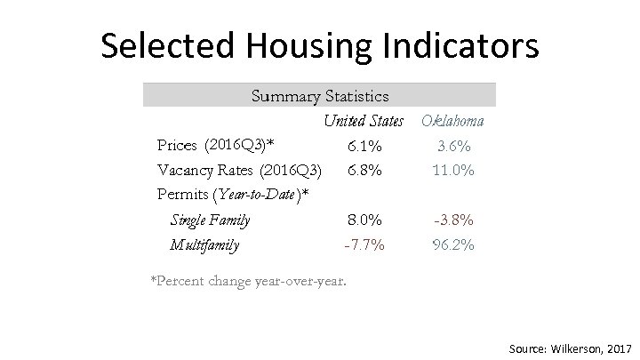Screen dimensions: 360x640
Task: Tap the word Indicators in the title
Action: [x=466, y=46]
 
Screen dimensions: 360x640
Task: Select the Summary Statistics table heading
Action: [x=320, y=94]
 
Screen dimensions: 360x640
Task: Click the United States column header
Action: [x=364, y=120]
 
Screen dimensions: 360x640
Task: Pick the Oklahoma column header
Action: [x=452, y=120]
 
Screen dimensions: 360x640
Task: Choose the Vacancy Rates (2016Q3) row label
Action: [x=239, y=169]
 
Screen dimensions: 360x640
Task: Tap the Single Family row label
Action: [x=210, y=220]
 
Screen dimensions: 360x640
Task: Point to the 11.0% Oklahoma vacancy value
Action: [x=452, y=169]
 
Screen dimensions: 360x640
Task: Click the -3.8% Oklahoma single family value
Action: [x=452, y=220]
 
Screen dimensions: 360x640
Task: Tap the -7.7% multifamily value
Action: [x=364, y=244]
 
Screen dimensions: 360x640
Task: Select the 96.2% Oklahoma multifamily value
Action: [x=452, y=244]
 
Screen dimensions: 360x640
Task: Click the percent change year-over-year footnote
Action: [x=249, y=282]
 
